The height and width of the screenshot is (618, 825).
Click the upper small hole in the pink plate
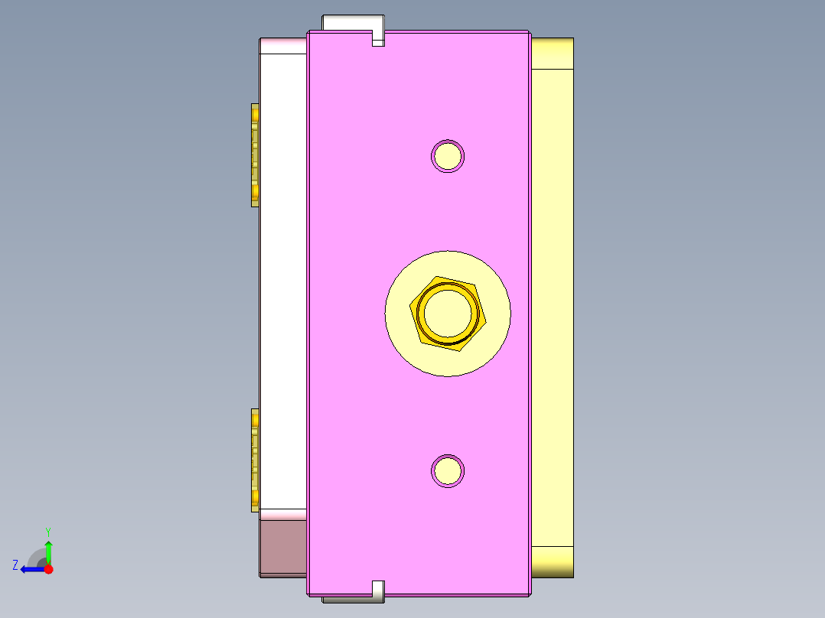[448, 156]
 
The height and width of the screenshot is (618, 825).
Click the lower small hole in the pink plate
[448, 470]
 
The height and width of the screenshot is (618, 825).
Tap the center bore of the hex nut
[448, 314]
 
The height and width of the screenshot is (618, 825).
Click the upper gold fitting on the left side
[255, 154]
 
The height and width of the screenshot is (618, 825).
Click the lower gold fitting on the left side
[255, 459]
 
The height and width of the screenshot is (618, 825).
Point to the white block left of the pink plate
[283, 283]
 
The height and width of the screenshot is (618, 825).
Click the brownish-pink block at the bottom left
[283, 548]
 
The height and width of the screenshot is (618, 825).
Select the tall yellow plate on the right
[551, 306]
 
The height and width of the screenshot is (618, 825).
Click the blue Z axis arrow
[31, 569]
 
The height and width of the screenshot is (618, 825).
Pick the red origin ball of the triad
[48, 569]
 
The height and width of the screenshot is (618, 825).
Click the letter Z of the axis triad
[15, 564]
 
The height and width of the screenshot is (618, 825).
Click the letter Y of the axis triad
[47, 532]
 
